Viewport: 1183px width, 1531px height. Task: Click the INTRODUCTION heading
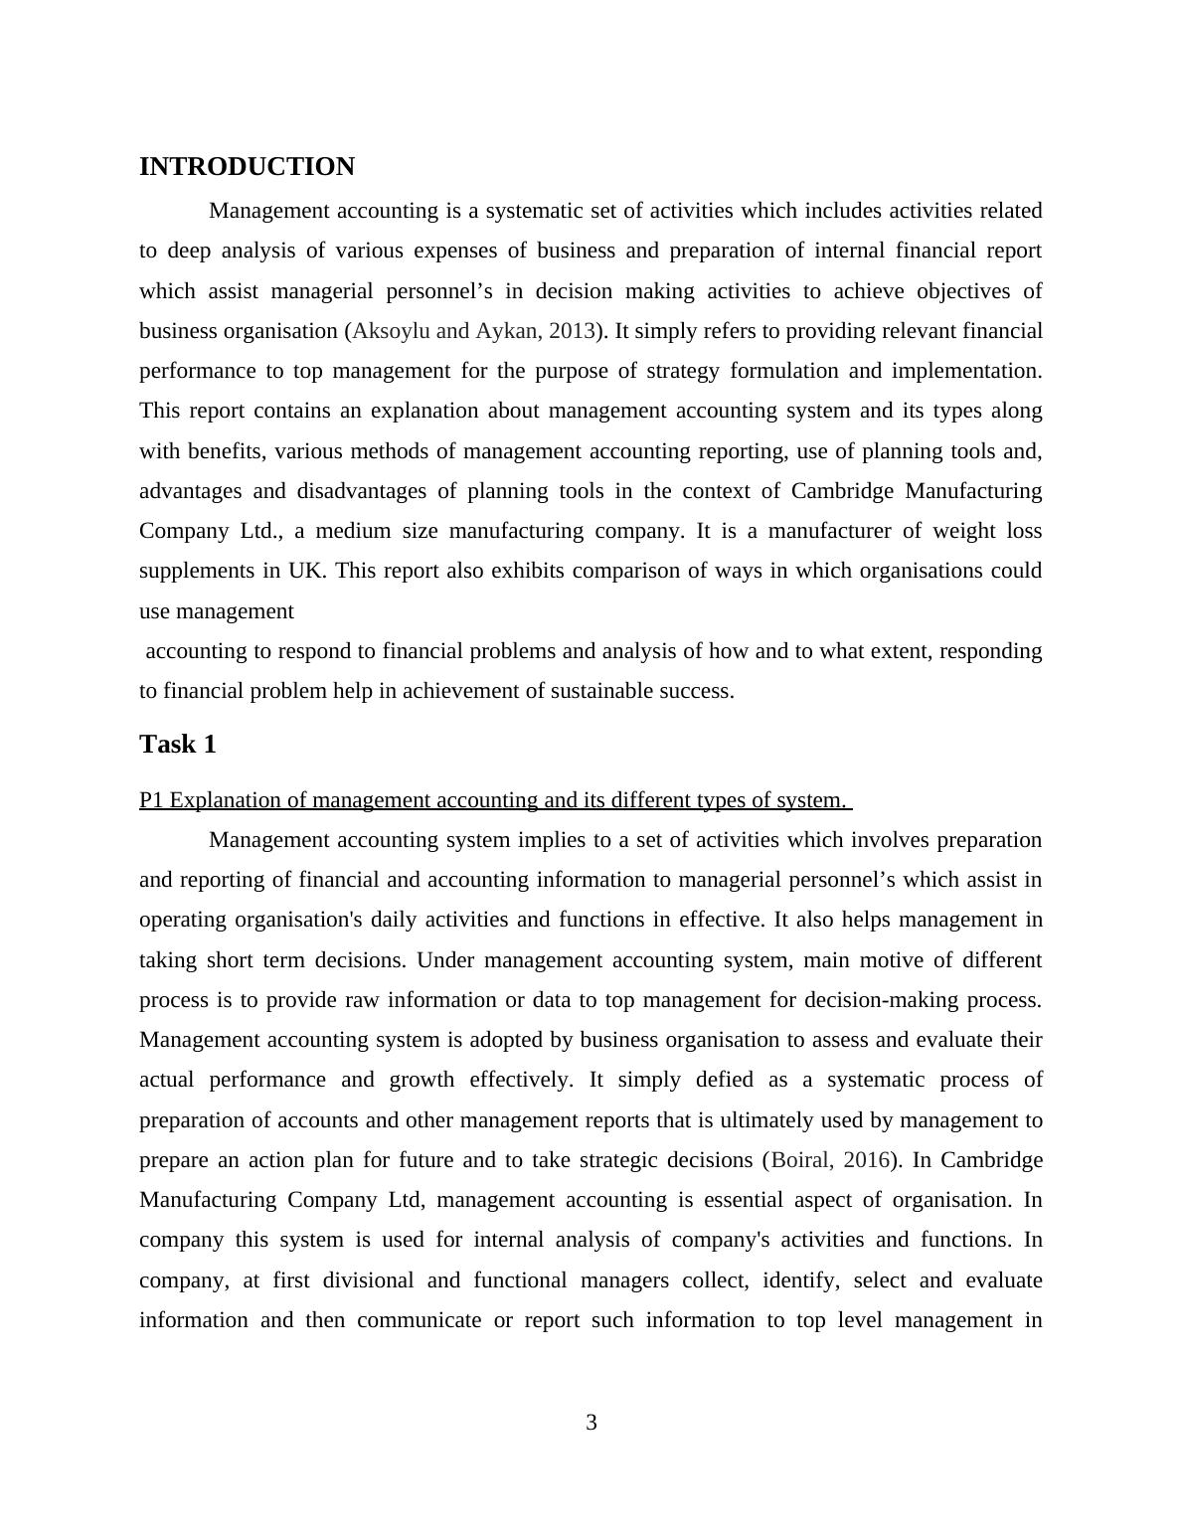[247, 167]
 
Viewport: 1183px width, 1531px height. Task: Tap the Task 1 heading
[178, 745]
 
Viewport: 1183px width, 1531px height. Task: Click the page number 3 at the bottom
[591, 1423]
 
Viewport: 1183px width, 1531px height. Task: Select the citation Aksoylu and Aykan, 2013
[474, 331]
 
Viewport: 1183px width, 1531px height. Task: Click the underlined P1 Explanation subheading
[494, 800]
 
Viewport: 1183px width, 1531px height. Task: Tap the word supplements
[196, 571]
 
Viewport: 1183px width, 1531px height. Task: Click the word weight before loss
[961, 531]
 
